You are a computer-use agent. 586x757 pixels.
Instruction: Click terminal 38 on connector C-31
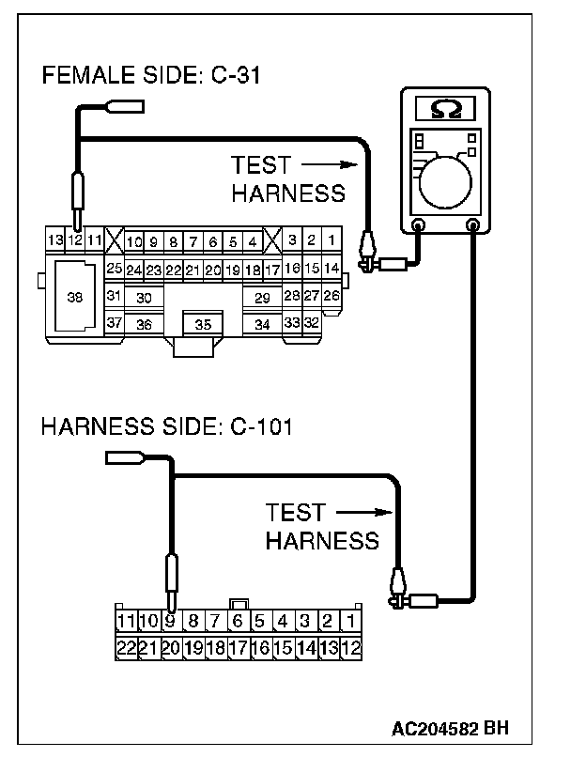click(74, 296)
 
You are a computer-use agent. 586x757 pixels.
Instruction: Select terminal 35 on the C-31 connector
click(202, 324)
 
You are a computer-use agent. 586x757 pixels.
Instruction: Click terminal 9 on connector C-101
click(170, 620)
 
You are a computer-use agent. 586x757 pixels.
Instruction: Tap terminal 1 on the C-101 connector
click(350, 620)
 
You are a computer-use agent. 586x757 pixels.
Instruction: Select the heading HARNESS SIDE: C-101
click(166, 428)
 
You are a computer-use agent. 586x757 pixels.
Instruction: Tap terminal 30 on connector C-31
click(144, 297)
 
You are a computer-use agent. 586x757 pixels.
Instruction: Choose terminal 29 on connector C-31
click(262, 297)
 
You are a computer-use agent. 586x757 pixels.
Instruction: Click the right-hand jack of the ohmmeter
click(473, 224)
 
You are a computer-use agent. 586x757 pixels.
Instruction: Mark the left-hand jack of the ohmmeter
click(419, 224)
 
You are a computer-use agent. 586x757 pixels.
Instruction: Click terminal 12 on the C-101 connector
click(350, 646)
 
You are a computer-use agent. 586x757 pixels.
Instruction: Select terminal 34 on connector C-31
click(262, 324)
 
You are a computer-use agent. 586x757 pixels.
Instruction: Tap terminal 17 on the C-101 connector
click(238, 646)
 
